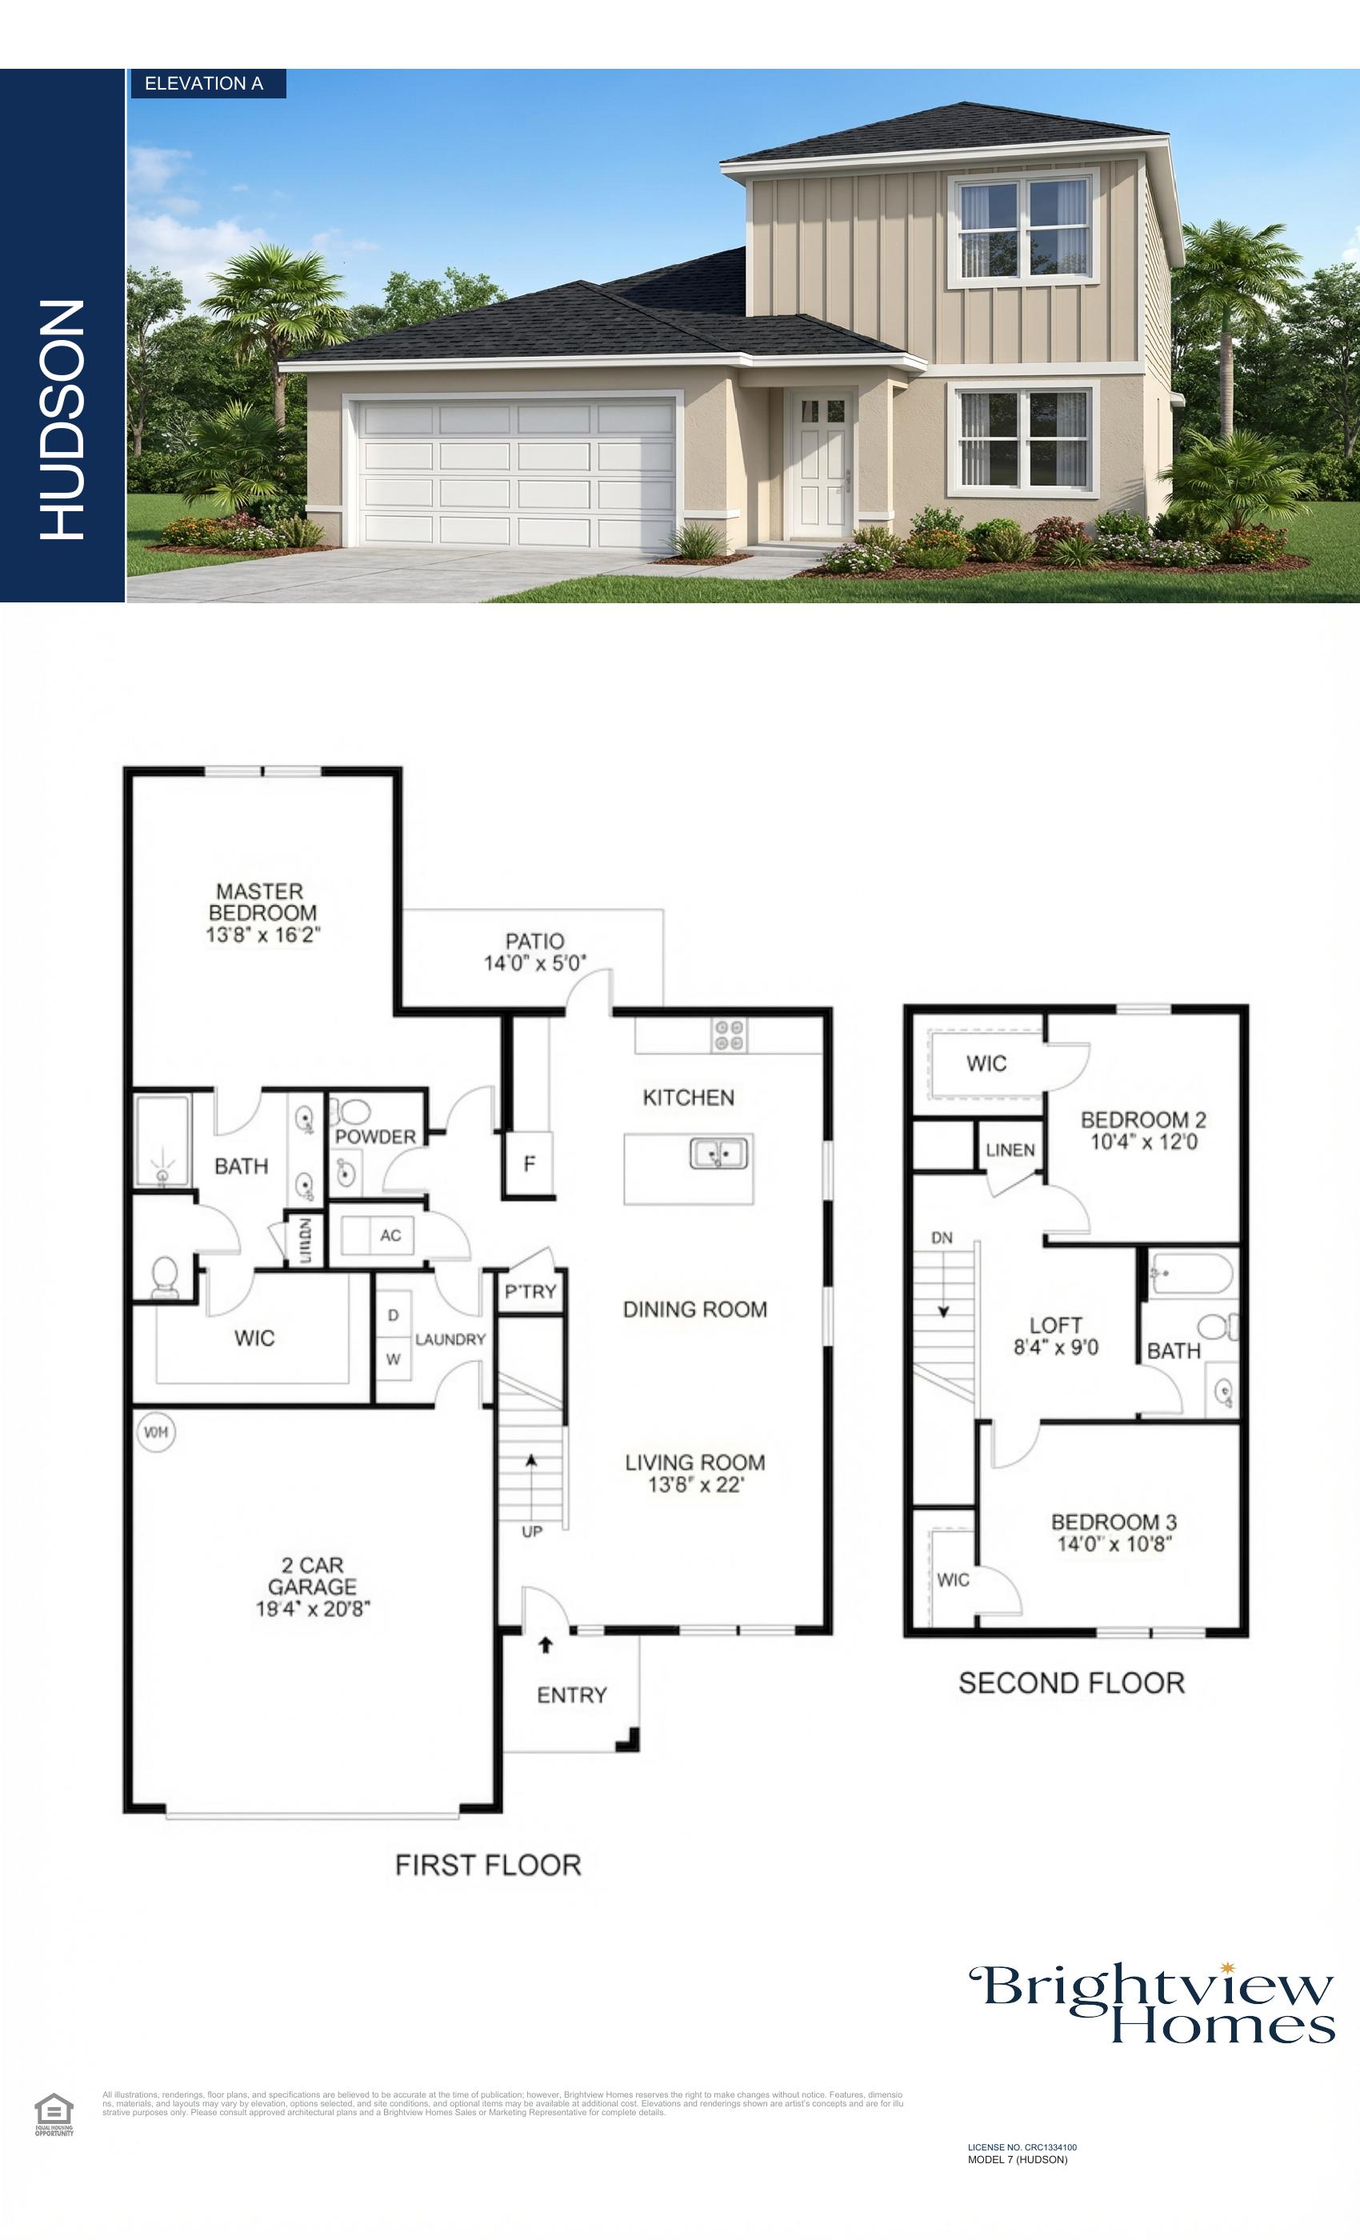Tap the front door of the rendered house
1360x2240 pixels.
click(821, 466)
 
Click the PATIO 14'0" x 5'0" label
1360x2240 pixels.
click(534, 952)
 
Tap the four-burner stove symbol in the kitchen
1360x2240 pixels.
click(728, 1036)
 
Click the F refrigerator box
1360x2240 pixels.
click(529, 1164)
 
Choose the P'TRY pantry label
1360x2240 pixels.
click(531, 1292)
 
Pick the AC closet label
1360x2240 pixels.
click(390, 1235)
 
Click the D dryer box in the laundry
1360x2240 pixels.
click(394, 1315)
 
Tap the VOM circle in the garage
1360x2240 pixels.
click(155, 1433)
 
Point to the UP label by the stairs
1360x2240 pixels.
click(532, 1532)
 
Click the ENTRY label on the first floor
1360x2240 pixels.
click(572, 1695)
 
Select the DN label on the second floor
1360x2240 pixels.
click(942, 1238)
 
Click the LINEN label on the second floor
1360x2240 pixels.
click(1010, 1150)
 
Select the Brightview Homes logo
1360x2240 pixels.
click(1153, 2004)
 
